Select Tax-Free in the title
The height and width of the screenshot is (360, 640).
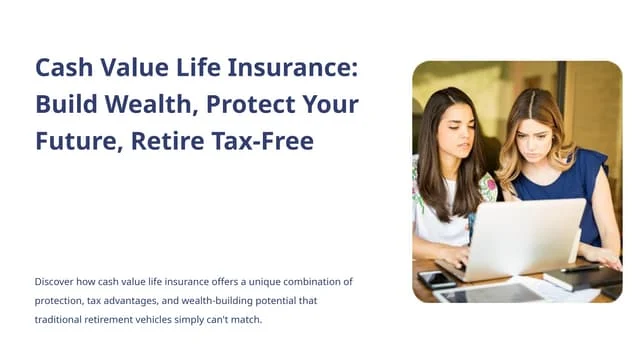click(x=263, y=141)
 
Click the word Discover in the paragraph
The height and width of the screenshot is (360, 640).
click(x=56, y=282)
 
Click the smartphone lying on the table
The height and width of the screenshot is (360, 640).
click(x=437, y=280)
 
